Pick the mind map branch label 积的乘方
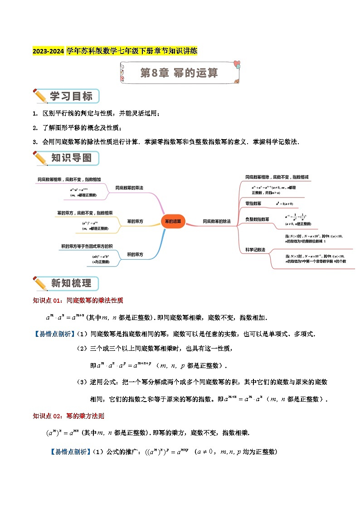tap(135, 255)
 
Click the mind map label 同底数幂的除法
tap(217, 221)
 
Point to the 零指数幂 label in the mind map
tap(253, 204)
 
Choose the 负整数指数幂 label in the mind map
tap(257, 219)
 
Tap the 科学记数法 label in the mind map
tap(255, 250)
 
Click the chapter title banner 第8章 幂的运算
tap(179, 73)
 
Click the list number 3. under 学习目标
tap(35, 142)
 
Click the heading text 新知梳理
tap(71, 284)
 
